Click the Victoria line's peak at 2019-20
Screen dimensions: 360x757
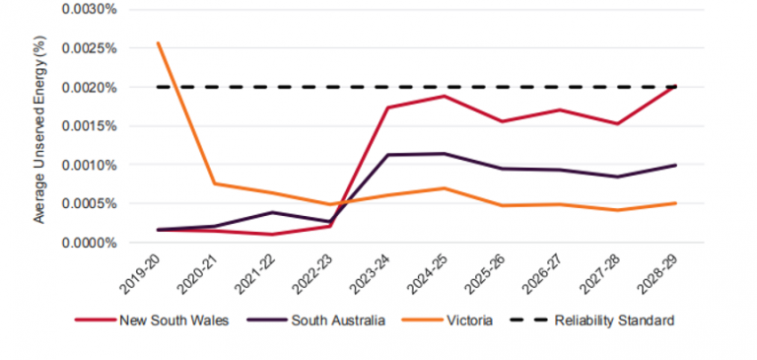pos(159,42)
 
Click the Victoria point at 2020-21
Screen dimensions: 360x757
pos(216,183)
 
